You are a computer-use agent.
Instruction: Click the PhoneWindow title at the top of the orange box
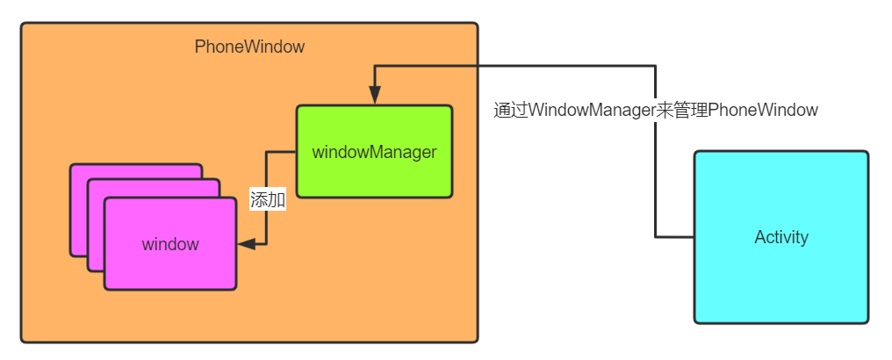click(x=249, y=47)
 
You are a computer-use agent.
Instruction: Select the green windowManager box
click(x=374, y=151)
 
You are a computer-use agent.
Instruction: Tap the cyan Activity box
click(x=780, y=237)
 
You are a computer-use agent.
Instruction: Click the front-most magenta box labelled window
click(x=170, y=244)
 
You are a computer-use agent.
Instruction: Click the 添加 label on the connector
click(x=268, y=200)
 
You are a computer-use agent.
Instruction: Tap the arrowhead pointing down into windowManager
click(x=375, y=96)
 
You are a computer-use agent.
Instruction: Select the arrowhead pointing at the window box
click(x=247, y=244)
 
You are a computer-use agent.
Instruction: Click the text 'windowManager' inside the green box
click(x=374, y=152)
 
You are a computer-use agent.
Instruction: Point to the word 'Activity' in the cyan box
click(x=780, y=237)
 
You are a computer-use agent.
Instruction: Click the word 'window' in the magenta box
click(x=170, y=244)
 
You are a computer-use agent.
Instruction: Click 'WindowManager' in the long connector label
click(x=592, y=111)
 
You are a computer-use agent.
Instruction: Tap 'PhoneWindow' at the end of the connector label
click(x=762, y=111)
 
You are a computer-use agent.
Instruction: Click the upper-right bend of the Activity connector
click(x=655, y=66)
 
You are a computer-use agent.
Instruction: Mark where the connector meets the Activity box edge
click(x=694, y=237)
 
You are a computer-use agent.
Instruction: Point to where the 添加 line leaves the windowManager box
click(x=296, y=152)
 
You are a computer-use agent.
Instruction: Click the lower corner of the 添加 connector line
click(x=267, y=244)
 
